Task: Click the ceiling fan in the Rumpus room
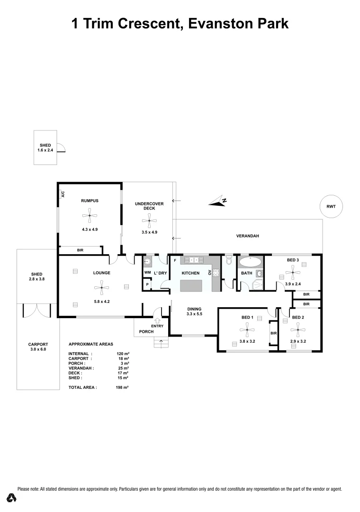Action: (89, 217)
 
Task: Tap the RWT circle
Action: (331, 206)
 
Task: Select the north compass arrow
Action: (218, 202)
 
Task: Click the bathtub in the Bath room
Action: (251, 262)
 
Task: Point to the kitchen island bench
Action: (191, 286)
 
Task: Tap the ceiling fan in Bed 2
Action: (297, 329)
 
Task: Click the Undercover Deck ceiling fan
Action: (149, 219)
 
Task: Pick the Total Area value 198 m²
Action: (123, 387)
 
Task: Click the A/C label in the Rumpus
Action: (63, 193)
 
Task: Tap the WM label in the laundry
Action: (147, 273)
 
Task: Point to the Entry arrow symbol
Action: (157, 320)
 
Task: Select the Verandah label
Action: (248, 236)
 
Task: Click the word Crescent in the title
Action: (142, 23)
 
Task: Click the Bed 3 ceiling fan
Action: (293, 273)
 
